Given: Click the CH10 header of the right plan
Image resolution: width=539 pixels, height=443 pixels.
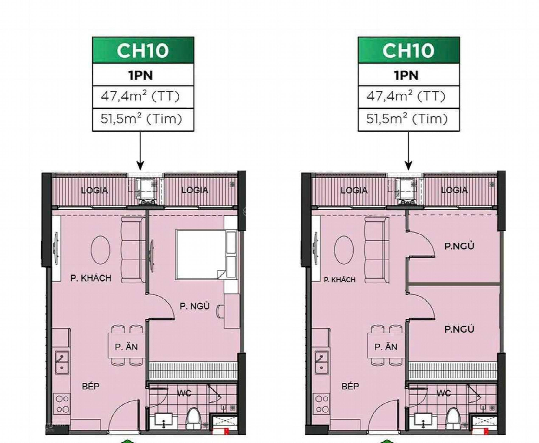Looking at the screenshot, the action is tap(409, 50).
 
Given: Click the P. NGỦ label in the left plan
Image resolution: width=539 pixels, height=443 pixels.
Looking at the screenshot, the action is tap(195, 306).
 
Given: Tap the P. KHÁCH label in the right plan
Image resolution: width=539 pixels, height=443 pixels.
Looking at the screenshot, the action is tap(340, 280).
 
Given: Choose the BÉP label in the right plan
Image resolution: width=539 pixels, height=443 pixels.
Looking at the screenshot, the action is tap(350, 386).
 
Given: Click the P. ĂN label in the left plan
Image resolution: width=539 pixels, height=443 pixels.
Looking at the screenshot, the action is tap(126, 347).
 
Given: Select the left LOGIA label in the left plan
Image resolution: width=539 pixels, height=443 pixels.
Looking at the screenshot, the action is tap(94, 190).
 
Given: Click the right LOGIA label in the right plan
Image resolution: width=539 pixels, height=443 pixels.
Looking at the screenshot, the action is tap(454, 190).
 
